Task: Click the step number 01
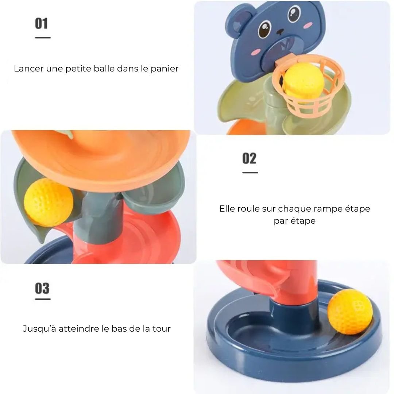(41, 23)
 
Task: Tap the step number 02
(249, 158)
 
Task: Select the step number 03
(42, 288)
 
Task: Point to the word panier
(165, 69)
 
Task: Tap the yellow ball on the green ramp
(49, 202)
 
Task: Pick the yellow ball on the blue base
(350, 312)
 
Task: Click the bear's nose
(280, 32)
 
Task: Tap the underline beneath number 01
(43, 38)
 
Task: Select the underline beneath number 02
(250, 173)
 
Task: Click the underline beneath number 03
(43, 299)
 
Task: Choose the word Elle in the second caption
(227, 209)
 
